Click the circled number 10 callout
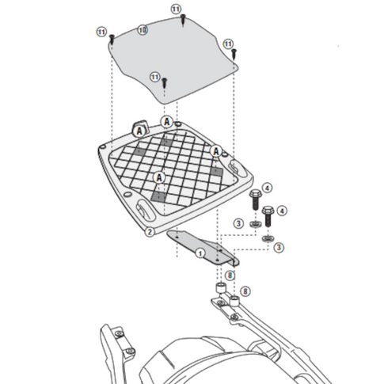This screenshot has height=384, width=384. tap(142, 30)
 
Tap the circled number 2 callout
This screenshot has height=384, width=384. tap(149, 231)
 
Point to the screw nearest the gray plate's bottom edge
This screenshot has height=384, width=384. tap(165, 82)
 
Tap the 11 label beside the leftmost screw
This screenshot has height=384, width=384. tap(101, 31)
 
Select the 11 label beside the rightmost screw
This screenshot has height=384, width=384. tap(228, 43)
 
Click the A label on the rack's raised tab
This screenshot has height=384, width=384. tap(139, 129)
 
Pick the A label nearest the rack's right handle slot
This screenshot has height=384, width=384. tap(215, 151)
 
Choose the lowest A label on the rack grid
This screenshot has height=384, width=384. tap(159, 177)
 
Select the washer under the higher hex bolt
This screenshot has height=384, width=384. tap(253, 225)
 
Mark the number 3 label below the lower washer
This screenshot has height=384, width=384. tap(279, 249)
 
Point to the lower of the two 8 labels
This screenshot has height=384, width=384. tap(245, 292)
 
